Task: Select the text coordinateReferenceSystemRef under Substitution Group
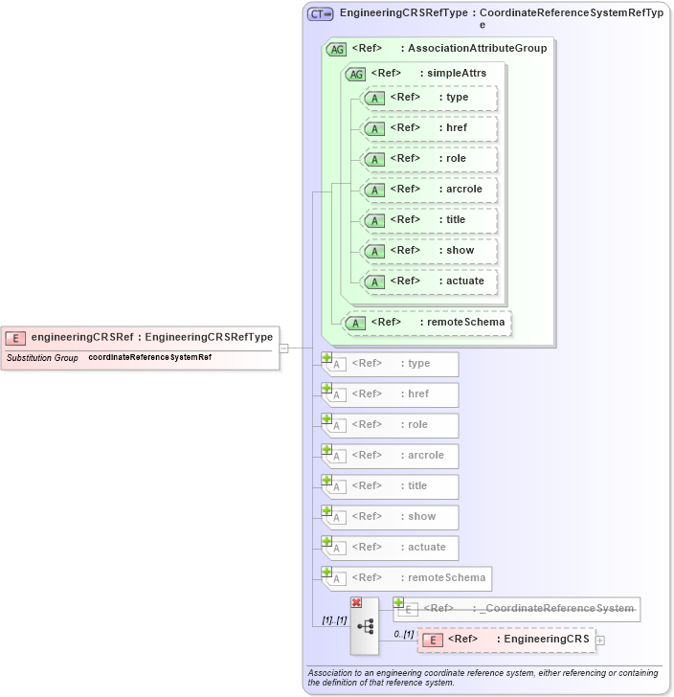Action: (149, 357)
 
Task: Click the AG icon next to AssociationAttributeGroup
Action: (336, 49)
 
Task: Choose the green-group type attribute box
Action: (429, 97)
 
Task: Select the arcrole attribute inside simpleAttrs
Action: (429, 189)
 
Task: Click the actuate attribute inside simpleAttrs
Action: (429, 281)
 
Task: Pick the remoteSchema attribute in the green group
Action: (427, 323)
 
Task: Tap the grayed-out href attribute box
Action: (391, 394)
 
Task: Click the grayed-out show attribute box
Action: (391, 517)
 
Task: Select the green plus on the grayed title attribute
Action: (326, 480)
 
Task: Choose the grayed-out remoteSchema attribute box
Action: (406, 578)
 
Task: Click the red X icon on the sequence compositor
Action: (356, 602)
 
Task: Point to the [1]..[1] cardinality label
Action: (334, 620)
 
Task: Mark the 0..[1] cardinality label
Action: (404, 634)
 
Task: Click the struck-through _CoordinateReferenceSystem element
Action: (517, 609)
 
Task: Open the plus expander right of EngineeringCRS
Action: (600, 640)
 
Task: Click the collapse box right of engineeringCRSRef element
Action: (283, 348)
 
